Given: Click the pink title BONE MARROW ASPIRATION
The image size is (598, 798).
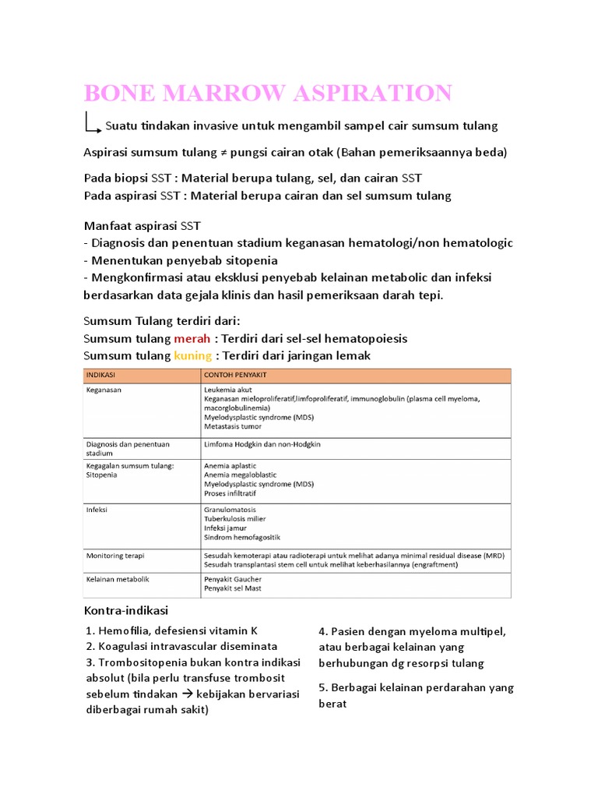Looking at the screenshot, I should tap(268, 93).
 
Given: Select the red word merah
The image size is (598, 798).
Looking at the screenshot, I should tap(192, 339).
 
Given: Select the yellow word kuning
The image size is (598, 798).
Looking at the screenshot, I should tap(193, 355).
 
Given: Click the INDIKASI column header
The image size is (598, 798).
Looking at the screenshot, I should tap(100, 375).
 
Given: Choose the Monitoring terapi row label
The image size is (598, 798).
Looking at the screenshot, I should tap(115, 556).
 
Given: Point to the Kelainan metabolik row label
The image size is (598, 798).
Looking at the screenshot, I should tap(117, 579).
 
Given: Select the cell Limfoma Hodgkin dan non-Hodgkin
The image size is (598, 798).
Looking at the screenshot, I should tap(262, 443).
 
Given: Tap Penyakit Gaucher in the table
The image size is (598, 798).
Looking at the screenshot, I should tap(233, 579).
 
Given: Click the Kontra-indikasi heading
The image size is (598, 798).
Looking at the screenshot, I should tap(125, 609).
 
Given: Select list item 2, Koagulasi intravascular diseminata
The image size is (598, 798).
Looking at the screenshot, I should tap(182, 646).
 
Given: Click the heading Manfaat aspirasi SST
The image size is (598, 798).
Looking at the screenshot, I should tap(142, 226).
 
